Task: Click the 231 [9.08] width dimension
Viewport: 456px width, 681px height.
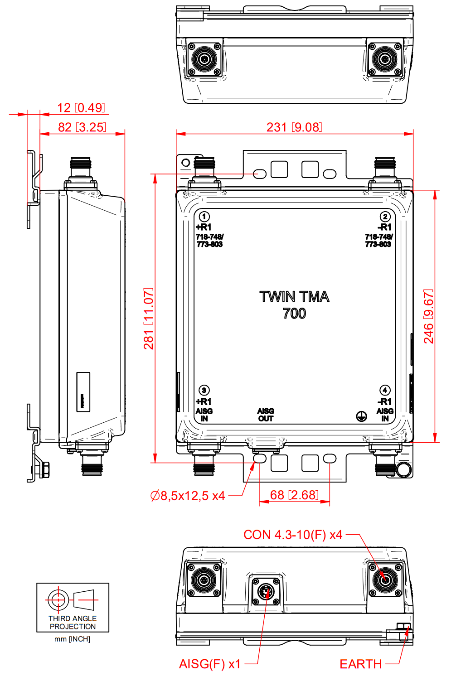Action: [294, 127]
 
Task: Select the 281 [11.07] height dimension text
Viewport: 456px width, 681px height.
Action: [149, 318]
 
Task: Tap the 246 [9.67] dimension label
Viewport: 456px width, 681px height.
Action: [429, 316]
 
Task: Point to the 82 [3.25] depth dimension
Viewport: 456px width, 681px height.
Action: [82, 127]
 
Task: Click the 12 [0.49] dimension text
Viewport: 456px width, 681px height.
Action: [81, 108]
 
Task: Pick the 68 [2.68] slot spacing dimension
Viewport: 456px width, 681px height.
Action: [294, 495]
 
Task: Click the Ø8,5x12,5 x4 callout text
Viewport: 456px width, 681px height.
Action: [188, 496]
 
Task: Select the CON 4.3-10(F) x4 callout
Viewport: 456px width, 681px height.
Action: [293, 535]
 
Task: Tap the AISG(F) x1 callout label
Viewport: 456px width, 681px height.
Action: [210, 664]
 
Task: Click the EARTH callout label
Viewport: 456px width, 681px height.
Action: [361, 664]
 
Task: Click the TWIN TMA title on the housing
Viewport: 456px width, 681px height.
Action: [294, 297]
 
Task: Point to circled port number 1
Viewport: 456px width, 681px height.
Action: [204, 217]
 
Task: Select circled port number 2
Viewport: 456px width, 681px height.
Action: [385, 217]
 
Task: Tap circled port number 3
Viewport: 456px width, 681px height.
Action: [204, 390]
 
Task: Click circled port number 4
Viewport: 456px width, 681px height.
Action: [385, 390]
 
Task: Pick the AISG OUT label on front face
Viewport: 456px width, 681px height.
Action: [266, 415]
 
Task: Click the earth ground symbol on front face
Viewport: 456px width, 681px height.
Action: [361, 416]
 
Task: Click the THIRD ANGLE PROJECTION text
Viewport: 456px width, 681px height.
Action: [73, 623]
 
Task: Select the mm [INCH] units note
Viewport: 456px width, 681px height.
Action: [73, 639]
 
